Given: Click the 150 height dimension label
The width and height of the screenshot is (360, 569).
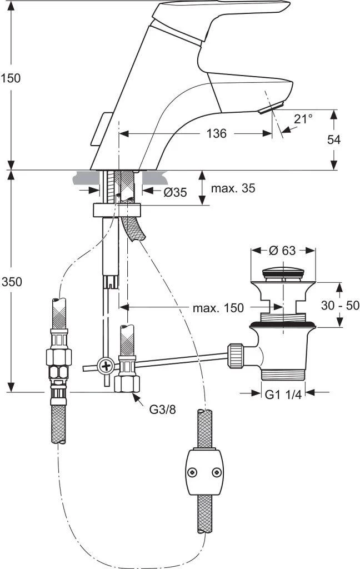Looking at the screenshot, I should (11, 78).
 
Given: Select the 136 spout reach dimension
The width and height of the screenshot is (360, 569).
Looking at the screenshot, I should (216, 133).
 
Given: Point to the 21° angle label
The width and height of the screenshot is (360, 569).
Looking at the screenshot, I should (303, 118).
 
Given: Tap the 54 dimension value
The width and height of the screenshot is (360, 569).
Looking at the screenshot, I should (333, 139).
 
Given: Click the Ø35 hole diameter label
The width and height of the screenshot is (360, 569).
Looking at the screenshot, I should (175, 192).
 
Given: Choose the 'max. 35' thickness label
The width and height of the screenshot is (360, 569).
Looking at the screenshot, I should (233, 188).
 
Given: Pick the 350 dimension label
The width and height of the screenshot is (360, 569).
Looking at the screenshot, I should (11, 282).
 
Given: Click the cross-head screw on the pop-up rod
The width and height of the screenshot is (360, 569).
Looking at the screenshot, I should (106, 366).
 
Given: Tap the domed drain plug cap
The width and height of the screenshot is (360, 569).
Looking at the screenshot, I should (283, 272).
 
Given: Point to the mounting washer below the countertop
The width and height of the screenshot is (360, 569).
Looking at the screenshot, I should (118, 211).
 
